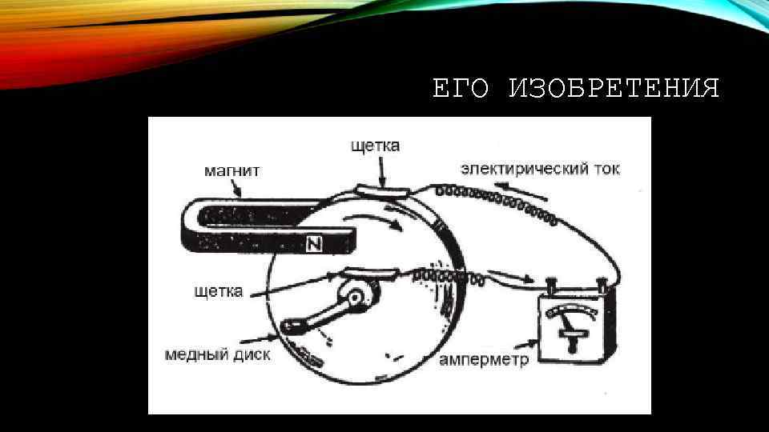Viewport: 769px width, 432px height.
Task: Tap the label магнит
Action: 231,170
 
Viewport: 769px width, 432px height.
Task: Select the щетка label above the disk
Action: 374,146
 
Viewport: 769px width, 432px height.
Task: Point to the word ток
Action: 603,170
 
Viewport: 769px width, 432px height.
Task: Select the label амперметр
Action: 484,361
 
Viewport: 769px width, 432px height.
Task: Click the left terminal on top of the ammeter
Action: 551,284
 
